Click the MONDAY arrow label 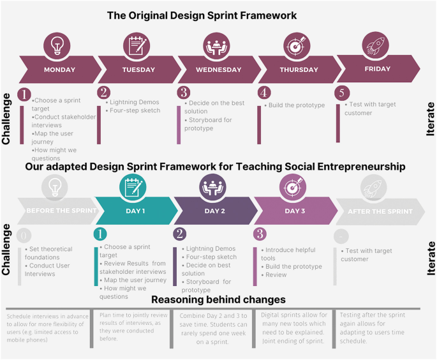coord(59,70)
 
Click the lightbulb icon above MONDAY coord(57,46)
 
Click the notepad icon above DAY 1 coord(134,187)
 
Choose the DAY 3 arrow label coord(295,211)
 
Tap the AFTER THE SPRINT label coord(380,211)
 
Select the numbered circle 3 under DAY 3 coord(260,234)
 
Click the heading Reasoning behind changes coord(218,299)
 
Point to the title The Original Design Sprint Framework coord(202,15)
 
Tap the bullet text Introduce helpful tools coord(291,254)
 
